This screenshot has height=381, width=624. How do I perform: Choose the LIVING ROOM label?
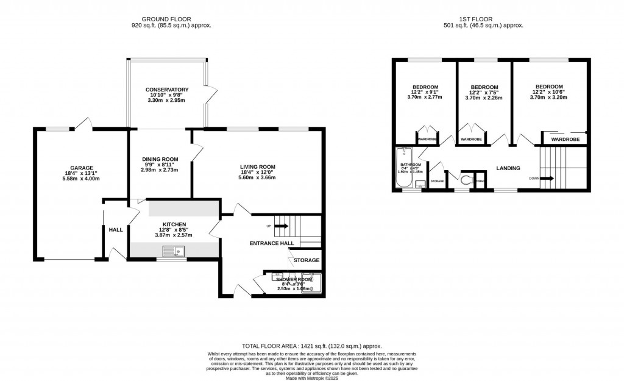(x=257, y=166)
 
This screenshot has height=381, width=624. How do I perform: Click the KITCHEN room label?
(x=174, y=224)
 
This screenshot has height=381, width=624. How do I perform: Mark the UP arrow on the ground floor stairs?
(x=281, y=226)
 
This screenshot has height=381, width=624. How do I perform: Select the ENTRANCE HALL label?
(x=272, y=243)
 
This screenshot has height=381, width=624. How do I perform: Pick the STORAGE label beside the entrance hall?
(x=306, y=260)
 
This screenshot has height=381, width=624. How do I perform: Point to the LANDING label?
(x=508, y=168)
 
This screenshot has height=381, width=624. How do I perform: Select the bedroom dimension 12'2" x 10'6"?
(x=549, y=92)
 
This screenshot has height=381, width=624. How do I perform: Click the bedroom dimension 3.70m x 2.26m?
(x=484, y=98)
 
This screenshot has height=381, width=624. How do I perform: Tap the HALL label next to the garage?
(x=115, y=230)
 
